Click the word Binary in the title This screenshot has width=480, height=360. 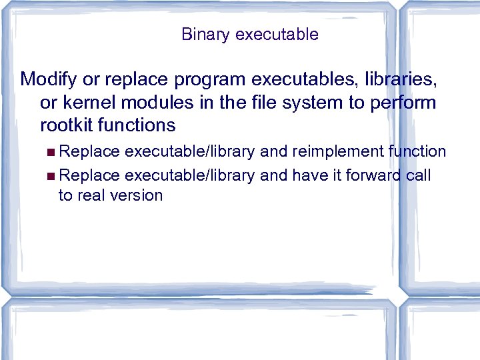(205, 34)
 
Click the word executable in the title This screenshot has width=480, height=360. (277, 34)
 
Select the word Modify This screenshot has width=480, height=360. (49, 80)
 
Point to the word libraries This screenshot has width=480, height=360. (397, 80)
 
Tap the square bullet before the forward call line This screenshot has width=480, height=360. (53, 175)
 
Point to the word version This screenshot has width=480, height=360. (138, 195)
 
